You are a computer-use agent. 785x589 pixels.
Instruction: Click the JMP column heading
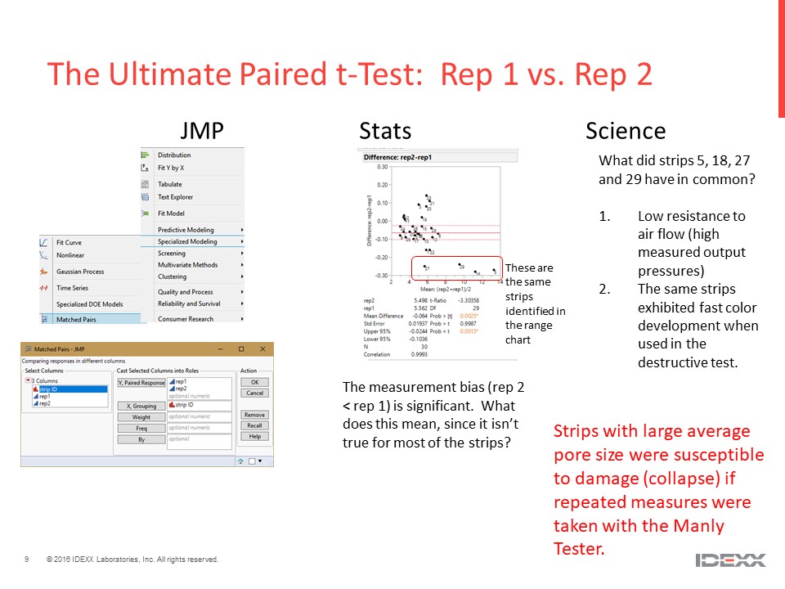click(x=202, y=131)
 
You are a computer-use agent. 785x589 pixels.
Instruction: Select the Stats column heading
click(x=385, y=131)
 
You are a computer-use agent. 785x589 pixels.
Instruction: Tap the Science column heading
click(x=626, y=131)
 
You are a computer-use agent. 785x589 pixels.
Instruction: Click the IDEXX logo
click(x=730, y=560)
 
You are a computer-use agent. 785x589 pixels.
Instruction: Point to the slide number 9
click(x=27, y=560)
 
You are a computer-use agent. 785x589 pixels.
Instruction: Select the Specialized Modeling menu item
click(x=187, y=241)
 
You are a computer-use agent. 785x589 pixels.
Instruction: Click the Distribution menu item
click(x=174, y=155)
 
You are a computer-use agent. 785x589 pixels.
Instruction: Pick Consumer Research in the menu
click(x=186, y=318)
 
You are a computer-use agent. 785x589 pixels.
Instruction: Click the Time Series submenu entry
click(x=73, y=288)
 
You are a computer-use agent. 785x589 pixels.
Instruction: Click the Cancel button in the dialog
click(x=254, y=393)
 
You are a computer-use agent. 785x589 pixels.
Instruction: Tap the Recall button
click(x=254, y=425)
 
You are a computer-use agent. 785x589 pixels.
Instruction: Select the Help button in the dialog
click(x=254, y=436)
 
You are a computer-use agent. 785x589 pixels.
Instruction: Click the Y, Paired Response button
click(x=141, y=382)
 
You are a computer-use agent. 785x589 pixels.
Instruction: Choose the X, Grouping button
click(x=141, y=406)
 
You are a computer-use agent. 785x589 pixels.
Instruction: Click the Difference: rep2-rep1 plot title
click(x=398, y=157)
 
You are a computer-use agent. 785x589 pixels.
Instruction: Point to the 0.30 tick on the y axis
click(x=381, y=166)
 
